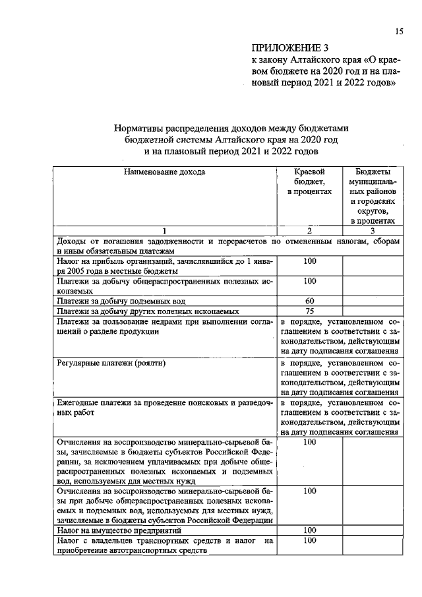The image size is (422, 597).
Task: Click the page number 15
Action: click(399, 31)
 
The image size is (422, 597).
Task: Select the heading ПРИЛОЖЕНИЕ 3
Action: click(289, 47)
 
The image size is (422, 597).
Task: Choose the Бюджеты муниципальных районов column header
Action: click(372, 196)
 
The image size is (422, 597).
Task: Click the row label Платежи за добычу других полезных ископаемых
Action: click(137, 311)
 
